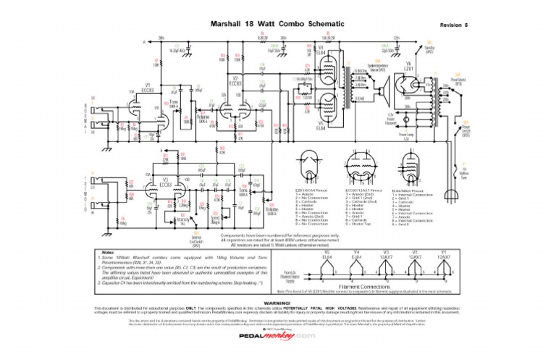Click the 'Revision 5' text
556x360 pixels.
point(454,25)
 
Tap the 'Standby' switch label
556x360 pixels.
point(429,50)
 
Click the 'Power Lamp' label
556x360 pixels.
point(406,134)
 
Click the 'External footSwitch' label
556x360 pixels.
point(195,236)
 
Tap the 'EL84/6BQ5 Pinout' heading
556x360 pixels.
point(408,190)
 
